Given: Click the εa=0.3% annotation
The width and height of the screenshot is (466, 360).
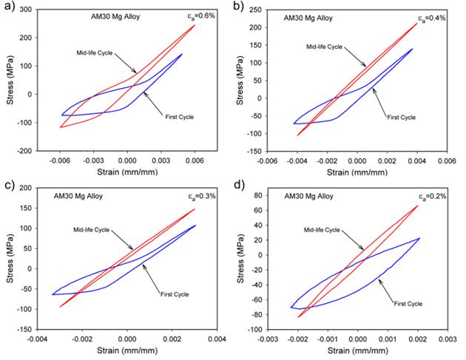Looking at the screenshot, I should tap(202, 198).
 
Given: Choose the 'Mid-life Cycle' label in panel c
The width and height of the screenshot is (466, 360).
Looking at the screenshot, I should tap(90, 230).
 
